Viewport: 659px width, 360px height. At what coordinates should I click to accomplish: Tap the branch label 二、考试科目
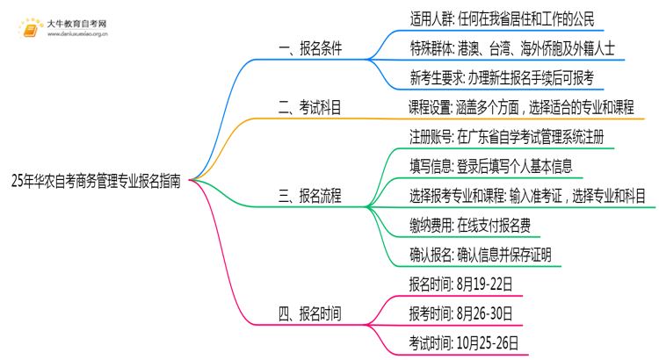pyautogui.click(x=310, y=108)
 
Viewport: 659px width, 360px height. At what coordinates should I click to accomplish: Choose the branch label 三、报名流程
pyautogui.click(x=310, y=195)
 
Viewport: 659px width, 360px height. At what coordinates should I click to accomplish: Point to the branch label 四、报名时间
pyautogui.click(x=310, y=313)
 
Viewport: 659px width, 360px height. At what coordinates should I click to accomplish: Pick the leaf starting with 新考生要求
pyautogui.click(x=501, y=79)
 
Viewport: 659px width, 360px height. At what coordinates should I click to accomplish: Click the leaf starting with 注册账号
pyautogui.click(x=505, y=137)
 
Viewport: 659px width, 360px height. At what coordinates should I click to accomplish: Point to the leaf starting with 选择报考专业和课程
pyautogui.click(x=527, y=195)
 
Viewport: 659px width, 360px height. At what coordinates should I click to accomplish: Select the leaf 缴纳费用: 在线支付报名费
pyautogui.click(x=469, y=224)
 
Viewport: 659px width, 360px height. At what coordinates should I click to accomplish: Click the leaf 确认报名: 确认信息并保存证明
pyautogui.click(x=481, y=254)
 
